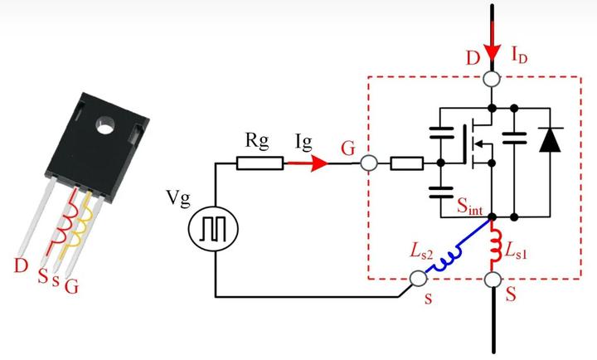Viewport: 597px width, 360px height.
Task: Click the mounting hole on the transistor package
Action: pos(105,125)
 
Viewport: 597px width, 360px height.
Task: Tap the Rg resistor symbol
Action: pos(260,163)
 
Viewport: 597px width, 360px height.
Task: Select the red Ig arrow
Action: pos(307,163)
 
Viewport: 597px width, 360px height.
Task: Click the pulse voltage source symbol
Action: pos(213,229)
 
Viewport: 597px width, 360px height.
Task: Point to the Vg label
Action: pos(177,197)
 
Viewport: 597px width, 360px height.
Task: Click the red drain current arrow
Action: pos(493,42)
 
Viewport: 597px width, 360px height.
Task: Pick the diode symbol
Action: pos(550,140)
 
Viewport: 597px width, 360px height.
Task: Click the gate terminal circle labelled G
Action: pos(368,163)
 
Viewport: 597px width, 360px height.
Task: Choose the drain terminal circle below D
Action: pos(492,80)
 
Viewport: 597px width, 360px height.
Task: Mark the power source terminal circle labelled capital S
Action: pos(493,280)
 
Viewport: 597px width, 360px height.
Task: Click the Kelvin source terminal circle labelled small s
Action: pos(419,279)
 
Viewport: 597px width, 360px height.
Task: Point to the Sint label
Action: pos(470,207)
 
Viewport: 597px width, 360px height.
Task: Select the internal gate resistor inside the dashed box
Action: pos(406,163)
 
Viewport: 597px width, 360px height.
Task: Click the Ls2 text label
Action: pos(421,251)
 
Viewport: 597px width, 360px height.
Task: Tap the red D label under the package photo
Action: pos(21,265)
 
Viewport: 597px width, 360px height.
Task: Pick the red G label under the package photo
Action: pos(71,286)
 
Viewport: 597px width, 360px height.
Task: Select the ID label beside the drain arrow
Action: pos(519,56)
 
